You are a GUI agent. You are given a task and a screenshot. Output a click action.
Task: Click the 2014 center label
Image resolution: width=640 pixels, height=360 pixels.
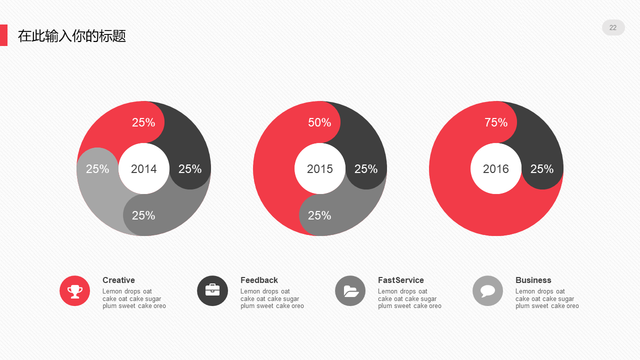click(x=143, y=169)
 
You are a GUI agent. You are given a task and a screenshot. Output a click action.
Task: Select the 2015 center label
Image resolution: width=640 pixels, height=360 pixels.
click(x=320, y=169)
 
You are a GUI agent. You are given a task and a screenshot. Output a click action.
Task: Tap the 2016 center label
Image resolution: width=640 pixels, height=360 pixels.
click(x=496, y=169)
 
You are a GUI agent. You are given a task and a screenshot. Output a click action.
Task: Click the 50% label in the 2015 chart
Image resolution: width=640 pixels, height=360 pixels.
click(x=319, y=122)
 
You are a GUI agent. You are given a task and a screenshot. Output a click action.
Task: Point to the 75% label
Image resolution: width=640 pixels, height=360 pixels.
click(x=496, y=122)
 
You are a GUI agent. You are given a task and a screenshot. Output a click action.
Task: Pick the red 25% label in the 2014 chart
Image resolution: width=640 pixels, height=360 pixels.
click(x=143, y=122)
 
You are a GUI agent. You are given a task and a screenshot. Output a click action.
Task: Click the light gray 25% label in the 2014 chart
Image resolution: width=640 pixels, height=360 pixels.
click(x=97, y=169)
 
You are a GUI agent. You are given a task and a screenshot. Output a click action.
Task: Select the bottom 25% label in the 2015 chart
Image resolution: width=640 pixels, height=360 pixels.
click(x=319, y=215)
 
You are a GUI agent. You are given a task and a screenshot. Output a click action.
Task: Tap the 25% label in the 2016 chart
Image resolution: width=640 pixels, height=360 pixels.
click(x=542, y=169)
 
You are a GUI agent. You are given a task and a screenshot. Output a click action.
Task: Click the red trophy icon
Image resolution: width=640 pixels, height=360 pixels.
click(x=75, y=290)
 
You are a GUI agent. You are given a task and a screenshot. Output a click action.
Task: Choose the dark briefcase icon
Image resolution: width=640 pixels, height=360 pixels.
click(x=212, y=290)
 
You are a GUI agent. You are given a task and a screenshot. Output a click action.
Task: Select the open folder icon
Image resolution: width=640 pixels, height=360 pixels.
click(x=350, y=290)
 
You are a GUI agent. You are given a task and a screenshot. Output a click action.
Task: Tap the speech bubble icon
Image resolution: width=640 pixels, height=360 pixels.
click(x=487, y=290)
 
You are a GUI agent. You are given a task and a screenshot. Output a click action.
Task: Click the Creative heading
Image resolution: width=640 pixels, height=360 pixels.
click(x=118, y=280)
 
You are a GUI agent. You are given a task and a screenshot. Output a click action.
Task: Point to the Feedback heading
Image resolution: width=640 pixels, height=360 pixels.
click(x=259, y=280)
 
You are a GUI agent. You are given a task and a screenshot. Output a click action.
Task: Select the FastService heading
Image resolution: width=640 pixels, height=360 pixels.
click(x=401, y=280)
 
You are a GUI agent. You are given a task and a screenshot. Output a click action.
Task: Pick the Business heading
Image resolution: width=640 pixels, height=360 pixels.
click(x=533, y=280)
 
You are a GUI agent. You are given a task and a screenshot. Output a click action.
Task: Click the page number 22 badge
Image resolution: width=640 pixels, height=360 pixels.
click(x=613, y=27)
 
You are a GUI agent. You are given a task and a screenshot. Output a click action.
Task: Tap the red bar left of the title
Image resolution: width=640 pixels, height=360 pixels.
click(x=3, y=35)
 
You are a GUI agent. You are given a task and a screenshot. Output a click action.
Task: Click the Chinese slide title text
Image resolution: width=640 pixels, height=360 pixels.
click(x=72, y=36)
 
